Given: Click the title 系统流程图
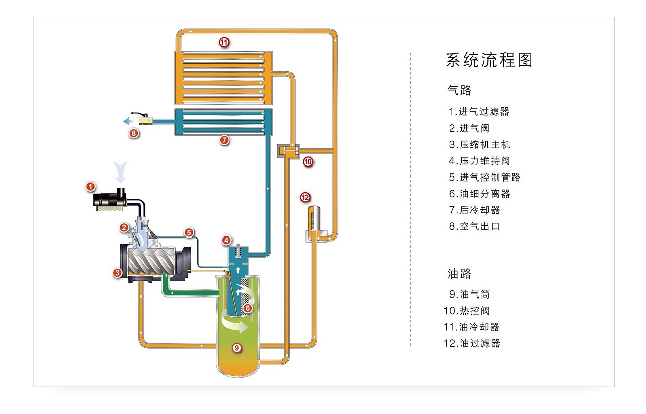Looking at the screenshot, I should point(489,60).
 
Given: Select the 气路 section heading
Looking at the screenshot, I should point(459,90).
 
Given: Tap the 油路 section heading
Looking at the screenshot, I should point(459,274).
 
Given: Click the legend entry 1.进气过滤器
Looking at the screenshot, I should point(479,112).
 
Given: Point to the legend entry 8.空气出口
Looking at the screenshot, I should point(474,226).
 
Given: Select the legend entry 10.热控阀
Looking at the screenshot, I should point(466,311).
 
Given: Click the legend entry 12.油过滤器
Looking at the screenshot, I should point(471,343).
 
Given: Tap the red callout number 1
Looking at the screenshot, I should point(90,187).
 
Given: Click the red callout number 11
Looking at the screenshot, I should point(224,42).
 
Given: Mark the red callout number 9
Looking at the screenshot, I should point(236,347).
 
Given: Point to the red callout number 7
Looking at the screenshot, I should point(224,140).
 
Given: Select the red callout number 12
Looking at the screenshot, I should point(305,197).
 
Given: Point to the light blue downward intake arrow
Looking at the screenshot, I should point(121,172).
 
